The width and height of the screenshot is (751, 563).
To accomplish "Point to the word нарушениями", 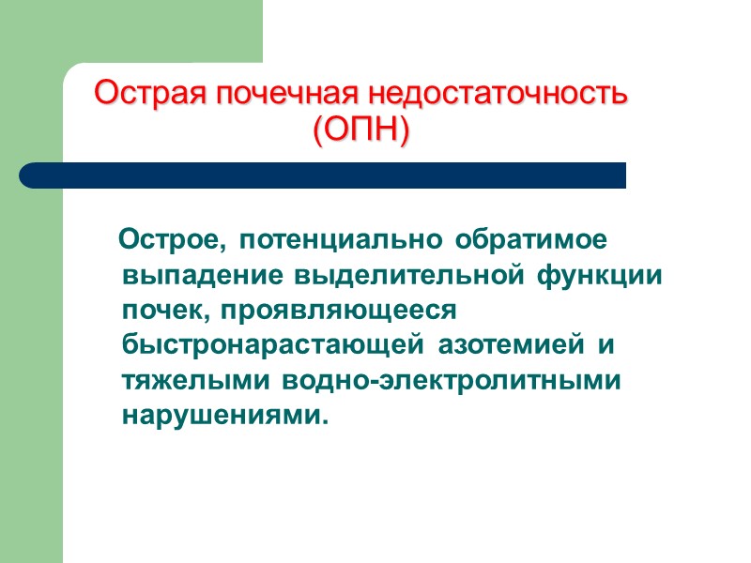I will [x=226, y=415].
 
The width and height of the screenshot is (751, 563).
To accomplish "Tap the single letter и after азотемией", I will [x=606, y=345].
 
